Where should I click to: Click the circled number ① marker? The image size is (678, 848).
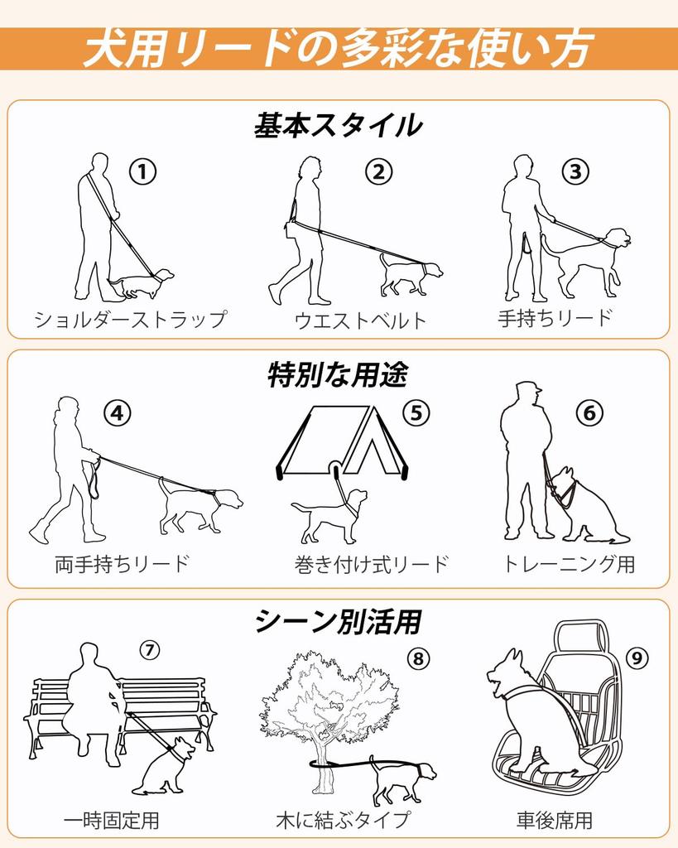[x=142, y=172]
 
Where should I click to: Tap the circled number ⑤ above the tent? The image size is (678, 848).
[x=416, y=413]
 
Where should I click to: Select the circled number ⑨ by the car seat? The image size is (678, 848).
[x=637, y=658]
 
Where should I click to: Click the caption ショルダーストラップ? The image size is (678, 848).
[x=130, y=319]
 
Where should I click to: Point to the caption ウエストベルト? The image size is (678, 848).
[x=361, y=320]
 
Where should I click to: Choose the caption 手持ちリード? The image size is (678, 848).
[x=555, y=318]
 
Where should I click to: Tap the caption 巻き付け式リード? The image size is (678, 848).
[x=372, y=564]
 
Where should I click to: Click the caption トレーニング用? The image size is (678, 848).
[x=569, y=564]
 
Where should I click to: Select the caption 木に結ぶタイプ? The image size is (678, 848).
[x=343, y=820]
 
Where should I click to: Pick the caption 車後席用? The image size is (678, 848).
[x=555, y=820]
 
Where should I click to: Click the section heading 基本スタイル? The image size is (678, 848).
[x=339, y=126]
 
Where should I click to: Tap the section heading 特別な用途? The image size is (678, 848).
[x=338, y=375]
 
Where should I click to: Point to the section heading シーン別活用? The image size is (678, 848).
[x=339, y=621]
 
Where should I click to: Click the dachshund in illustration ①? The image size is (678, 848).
[x=141, y=284]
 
